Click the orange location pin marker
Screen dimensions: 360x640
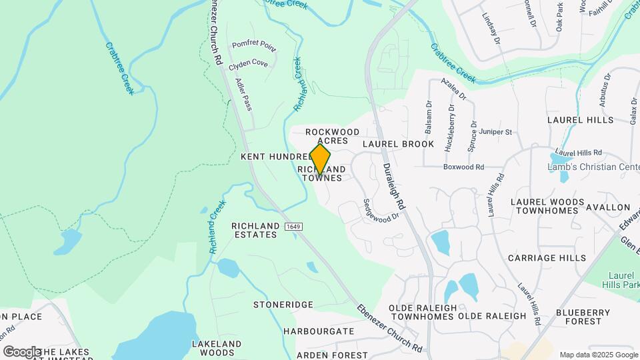click(320, 159)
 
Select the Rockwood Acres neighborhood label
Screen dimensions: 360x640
click(333, 137)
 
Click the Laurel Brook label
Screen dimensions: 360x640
click(398, 144)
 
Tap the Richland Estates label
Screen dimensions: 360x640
click(254, 230)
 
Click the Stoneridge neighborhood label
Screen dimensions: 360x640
click(283, 305)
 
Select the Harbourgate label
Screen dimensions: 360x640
click(318, 331)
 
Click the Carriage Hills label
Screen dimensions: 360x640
click(547, 257)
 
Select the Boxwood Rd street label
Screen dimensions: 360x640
click(463, 167)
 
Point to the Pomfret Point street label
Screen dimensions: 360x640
click(254, 45)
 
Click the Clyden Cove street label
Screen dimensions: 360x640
click(248, 65)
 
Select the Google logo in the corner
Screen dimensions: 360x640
click(22, 351)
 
